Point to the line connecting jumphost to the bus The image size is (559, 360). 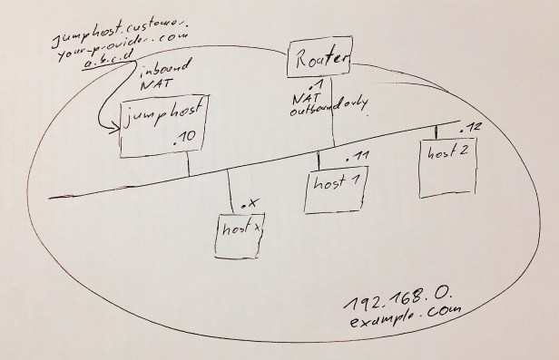[188, 163]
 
